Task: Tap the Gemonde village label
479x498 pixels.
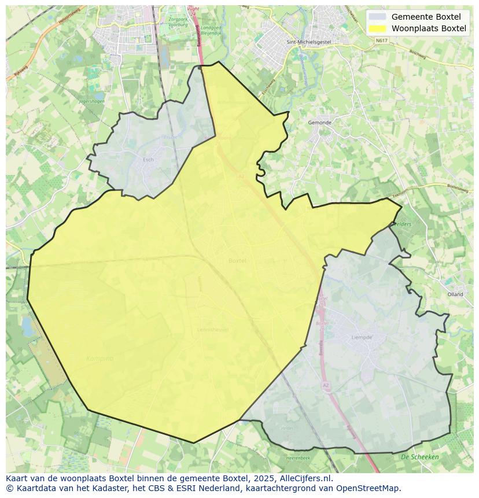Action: [x=319, y=123]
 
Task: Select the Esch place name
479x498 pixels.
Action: [x=148, y=160]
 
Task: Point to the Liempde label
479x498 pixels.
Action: [x=362, y=337]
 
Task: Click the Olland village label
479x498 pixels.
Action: [x=455, y=294]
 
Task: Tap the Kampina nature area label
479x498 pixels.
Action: [x=100, y=359]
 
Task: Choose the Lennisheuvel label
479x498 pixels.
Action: [x=213, y=330]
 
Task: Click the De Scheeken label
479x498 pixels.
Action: [x=419, y=457]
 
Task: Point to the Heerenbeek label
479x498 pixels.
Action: [x=299, y=458]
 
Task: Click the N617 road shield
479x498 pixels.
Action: [x=381, y=40]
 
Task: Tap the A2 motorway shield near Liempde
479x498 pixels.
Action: [x=326, y=384]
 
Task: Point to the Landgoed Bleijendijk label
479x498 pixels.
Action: [x=211, y=30]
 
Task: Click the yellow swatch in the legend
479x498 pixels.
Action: [x=377, y=28]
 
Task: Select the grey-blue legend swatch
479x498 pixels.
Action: [x=377, y=17]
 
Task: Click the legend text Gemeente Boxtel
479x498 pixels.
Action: [x=426, y=17]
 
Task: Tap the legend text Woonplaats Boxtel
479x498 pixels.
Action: [x=429, y=28]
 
